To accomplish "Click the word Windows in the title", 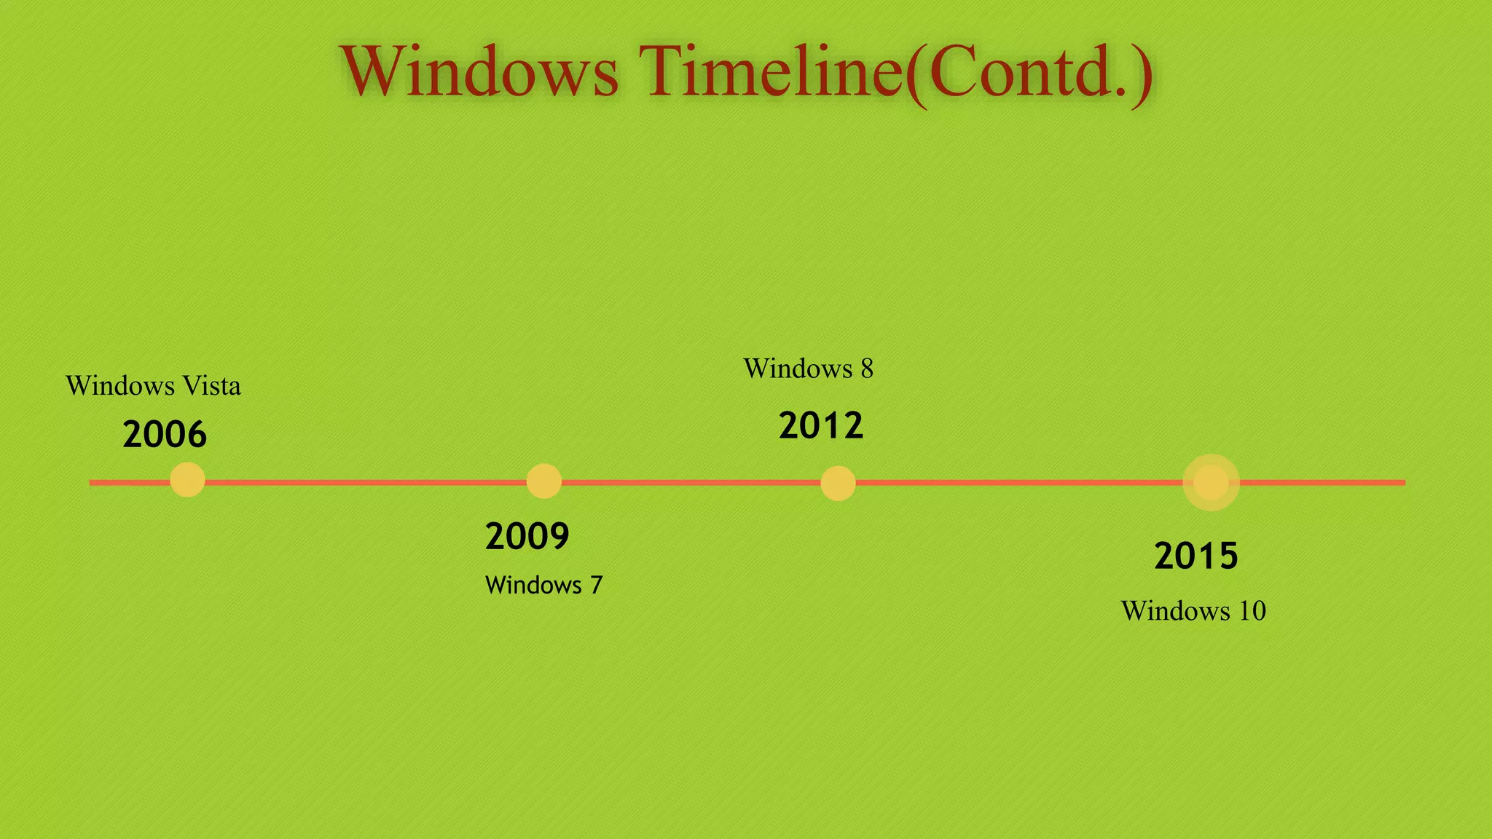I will [479, 71].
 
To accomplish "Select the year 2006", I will [165, 435].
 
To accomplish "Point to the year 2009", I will [527, 537].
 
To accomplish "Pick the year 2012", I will [821, 426].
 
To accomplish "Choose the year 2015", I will [1196, 556].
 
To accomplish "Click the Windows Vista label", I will [153, 386].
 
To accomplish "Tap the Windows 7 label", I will [543, 585].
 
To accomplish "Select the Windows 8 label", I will [808, 369].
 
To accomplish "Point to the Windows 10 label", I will [1193, 611].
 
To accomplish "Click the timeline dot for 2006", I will [187, 481].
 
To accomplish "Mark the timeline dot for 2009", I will [543, 481].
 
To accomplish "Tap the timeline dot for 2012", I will [838, 483].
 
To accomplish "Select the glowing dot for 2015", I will [1211, 482].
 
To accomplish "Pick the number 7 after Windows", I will [596, 585].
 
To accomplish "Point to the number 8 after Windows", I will [866, 369].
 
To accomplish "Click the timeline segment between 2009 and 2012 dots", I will [691, 482].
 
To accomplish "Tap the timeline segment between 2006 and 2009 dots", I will [364, 482].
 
